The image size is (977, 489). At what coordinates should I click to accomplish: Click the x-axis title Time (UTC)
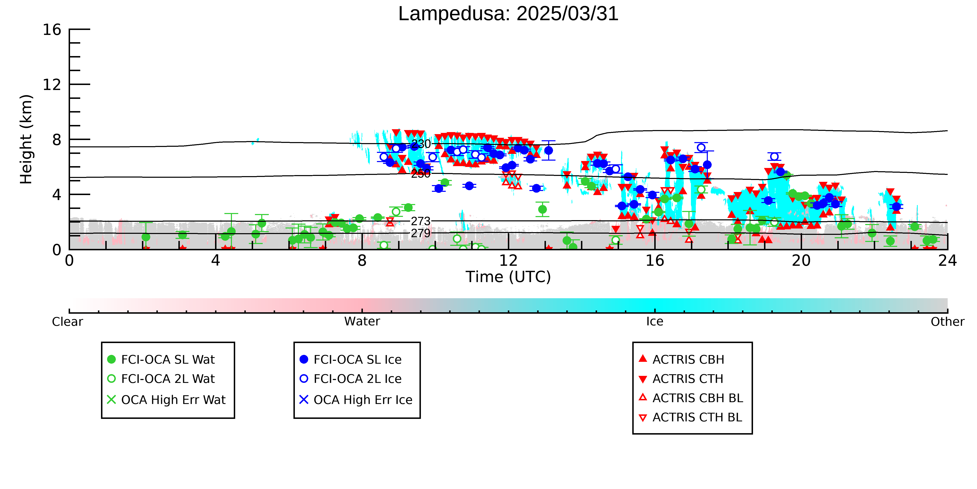click(x=508, y=277)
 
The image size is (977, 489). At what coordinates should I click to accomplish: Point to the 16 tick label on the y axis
click(x=52, y=30)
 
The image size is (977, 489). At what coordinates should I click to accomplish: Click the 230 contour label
click(x=421, y=144)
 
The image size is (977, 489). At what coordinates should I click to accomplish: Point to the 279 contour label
click(x=421, y=233)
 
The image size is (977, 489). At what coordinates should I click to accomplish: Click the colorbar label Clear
click(x=68, y=322)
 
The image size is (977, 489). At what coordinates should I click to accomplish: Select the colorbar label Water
click(x=362, y=322)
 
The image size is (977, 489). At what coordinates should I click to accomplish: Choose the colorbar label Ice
click(x=655, y=322)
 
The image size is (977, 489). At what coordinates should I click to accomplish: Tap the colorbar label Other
click(x=947, y=322)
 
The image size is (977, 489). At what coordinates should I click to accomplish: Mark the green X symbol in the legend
click(x=112, y=400)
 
